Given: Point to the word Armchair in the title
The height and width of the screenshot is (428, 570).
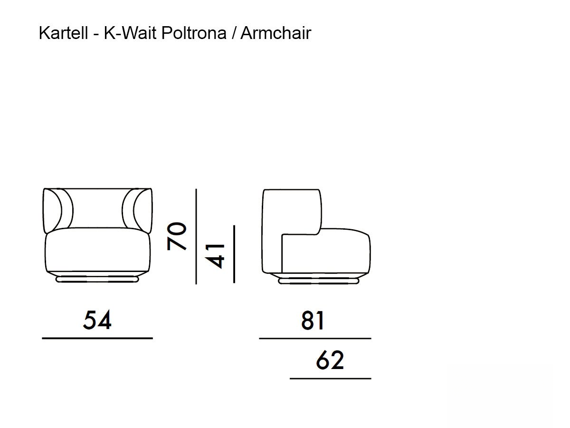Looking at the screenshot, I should (275, 33).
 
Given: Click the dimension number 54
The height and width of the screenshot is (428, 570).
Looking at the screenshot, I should (97, 320).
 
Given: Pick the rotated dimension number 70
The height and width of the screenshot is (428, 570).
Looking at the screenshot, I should (177, 236).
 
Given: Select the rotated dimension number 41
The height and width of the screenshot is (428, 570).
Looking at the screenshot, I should (217, 255).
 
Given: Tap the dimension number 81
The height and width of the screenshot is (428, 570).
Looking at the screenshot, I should (313, 321).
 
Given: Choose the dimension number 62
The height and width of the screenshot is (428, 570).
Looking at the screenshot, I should (330, 360).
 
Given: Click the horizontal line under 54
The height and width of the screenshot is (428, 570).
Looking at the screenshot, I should (97, 338).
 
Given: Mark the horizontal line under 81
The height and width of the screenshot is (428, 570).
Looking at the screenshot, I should (315, 339).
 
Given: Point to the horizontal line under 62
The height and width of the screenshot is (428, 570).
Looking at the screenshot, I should (330, 379).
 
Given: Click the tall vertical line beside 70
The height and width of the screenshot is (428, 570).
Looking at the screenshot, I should (196, 236).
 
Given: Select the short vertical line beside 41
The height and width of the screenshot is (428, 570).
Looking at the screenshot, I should (234, 254).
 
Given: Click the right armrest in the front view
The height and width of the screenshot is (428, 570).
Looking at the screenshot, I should (142, 209).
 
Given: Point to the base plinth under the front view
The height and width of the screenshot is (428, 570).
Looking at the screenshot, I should (97, 280).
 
